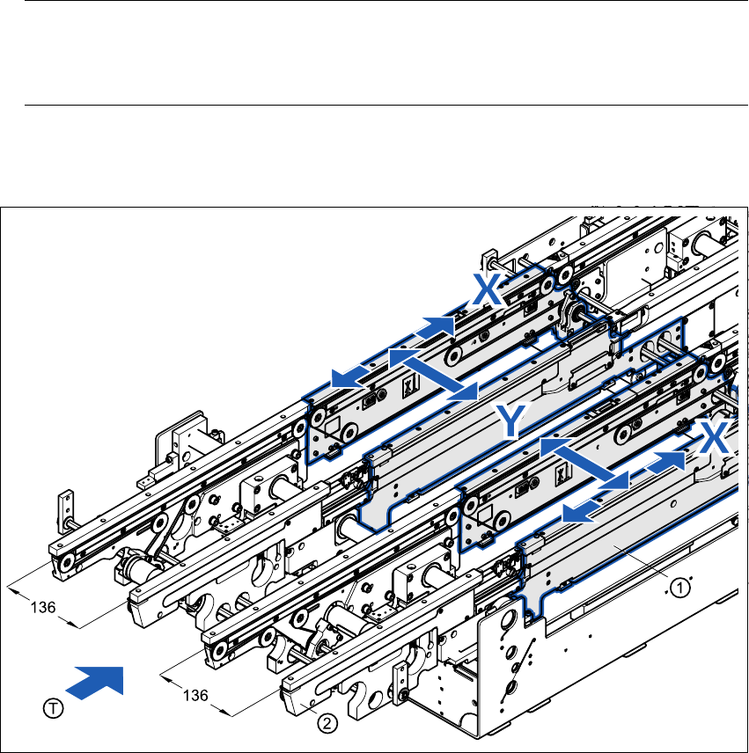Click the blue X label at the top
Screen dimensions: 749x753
coord(487,288)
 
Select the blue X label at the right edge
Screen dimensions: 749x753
coord(714,435)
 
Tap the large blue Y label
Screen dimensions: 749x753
coord(513,421)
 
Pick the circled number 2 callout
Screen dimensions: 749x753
coord(327,725)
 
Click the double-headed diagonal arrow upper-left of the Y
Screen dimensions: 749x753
coord(433,372)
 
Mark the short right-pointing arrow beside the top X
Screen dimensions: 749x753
coord(435,328)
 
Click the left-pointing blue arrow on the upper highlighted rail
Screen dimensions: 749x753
coord(353,375)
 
